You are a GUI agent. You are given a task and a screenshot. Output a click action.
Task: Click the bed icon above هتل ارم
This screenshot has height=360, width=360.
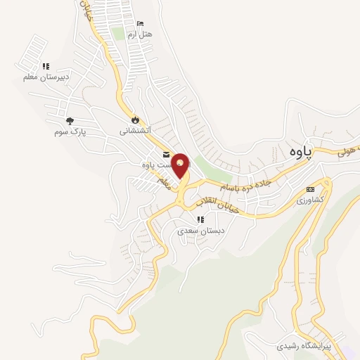(139, 24)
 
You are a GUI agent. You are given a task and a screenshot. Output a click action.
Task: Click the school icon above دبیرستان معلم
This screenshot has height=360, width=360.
(46, 66)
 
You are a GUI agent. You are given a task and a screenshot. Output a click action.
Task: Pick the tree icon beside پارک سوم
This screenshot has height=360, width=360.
(70, 121)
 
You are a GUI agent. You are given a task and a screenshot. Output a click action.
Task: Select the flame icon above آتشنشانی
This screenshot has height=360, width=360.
(136, 120)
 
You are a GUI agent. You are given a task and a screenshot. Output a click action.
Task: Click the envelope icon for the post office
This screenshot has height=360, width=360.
(166, 155)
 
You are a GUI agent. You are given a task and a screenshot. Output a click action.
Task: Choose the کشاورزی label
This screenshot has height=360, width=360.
(310, 200)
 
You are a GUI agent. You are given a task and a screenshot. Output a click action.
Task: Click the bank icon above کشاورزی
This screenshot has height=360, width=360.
(310, 190)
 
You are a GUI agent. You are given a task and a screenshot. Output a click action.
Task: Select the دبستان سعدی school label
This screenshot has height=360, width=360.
(201, 230)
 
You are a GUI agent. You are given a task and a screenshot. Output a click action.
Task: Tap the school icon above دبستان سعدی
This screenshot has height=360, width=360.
(201, 219)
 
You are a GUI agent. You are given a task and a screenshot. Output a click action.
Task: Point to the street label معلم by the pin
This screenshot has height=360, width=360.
(165, 182)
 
